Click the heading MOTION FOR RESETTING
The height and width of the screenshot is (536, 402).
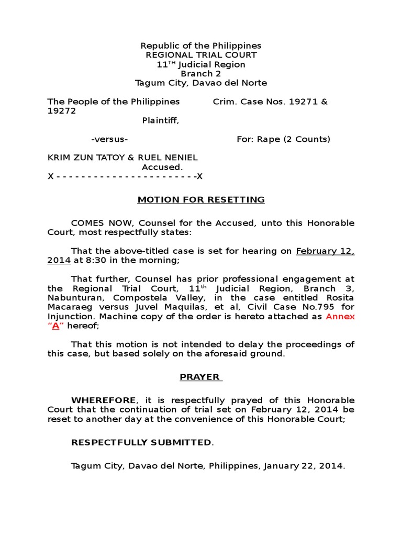(201, 199)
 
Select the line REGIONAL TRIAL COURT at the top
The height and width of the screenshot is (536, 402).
(201, 55)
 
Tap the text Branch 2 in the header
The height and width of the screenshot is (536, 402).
(201, 74)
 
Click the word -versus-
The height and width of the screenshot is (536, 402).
(110, 139)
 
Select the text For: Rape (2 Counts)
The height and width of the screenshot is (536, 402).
(283, 139)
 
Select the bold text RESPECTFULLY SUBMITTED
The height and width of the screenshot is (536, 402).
(141, 442)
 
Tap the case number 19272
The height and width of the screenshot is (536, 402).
(62, 111)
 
